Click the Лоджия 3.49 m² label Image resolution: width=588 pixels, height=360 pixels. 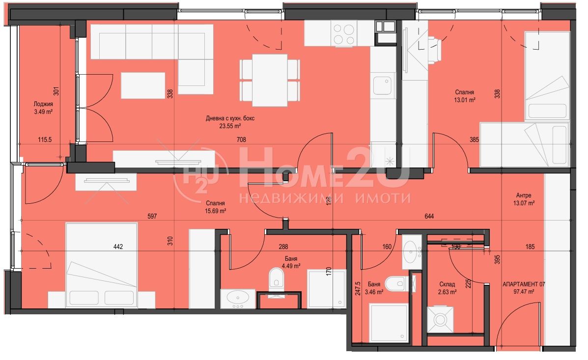pyautogui.click(x=43, y=108)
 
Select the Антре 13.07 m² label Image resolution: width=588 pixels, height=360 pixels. pyautogui.click(x=524, y=199)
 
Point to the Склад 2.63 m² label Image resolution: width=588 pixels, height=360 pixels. pyautogui.click(x=447, y=288)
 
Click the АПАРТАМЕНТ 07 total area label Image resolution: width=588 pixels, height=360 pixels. pyautogui.click(x=524, y=288)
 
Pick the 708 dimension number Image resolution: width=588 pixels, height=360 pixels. pyautogui.click(x=241, y=139)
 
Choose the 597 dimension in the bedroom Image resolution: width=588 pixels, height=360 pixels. pyautogui.click(x=152, y=217)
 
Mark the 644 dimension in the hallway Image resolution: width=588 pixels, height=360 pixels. pyautogui.click(x=429, y=217)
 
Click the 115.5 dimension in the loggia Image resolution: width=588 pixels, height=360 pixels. pyautogui.click(x=45, y=139)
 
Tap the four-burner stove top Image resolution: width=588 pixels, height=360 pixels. pyautogui.click(x=344, y=34)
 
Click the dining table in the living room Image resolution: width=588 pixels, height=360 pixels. pyautogui.click(x=270, y=80)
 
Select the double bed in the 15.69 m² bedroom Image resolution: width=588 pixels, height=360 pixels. pyautogui.click(x=102, y=265)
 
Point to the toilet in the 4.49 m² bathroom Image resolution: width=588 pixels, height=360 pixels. pyautogui.click(x=277, y=278)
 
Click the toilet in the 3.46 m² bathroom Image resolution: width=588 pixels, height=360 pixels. pyautogui.click(x=397, y=284)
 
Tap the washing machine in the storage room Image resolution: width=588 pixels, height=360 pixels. pyautogui.click(x=440, y=320)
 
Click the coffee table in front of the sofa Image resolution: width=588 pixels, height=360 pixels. pyautogui.click(x=143, y=85)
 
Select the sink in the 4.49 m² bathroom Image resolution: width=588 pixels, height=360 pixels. pyautogui.click(x=238, y=299)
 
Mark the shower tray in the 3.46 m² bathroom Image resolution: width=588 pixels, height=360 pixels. pyautogui.click(x=389, y=323)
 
